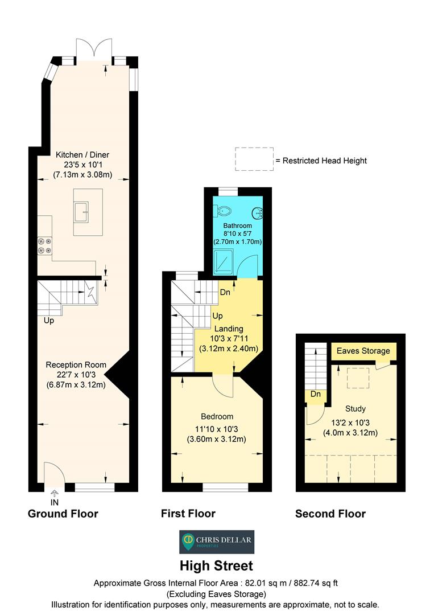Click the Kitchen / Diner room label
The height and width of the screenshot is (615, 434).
click(82, 154)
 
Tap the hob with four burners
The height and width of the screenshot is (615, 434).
click(45, 246)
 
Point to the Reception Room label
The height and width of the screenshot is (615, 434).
click(76, 365)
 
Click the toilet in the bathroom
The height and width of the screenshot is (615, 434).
click(224, 211)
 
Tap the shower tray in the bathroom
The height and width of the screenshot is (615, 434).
click(224, 261)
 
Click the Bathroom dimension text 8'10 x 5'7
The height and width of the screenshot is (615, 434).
click(237, 233)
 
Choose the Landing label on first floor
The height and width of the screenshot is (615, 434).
click(229, 329)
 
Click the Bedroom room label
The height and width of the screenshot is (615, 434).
click(217, 416)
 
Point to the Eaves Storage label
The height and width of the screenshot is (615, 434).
click(363, 351)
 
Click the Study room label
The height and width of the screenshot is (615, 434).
click(356, 409)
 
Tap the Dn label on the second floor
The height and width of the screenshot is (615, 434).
click(316, 394)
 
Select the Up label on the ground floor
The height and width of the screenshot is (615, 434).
click(49, 321)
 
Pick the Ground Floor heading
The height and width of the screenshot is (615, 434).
click(63, 514)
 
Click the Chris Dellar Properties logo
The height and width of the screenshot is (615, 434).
click(217, 542)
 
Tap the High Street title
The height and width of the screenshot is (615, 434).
click(217, 565)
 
